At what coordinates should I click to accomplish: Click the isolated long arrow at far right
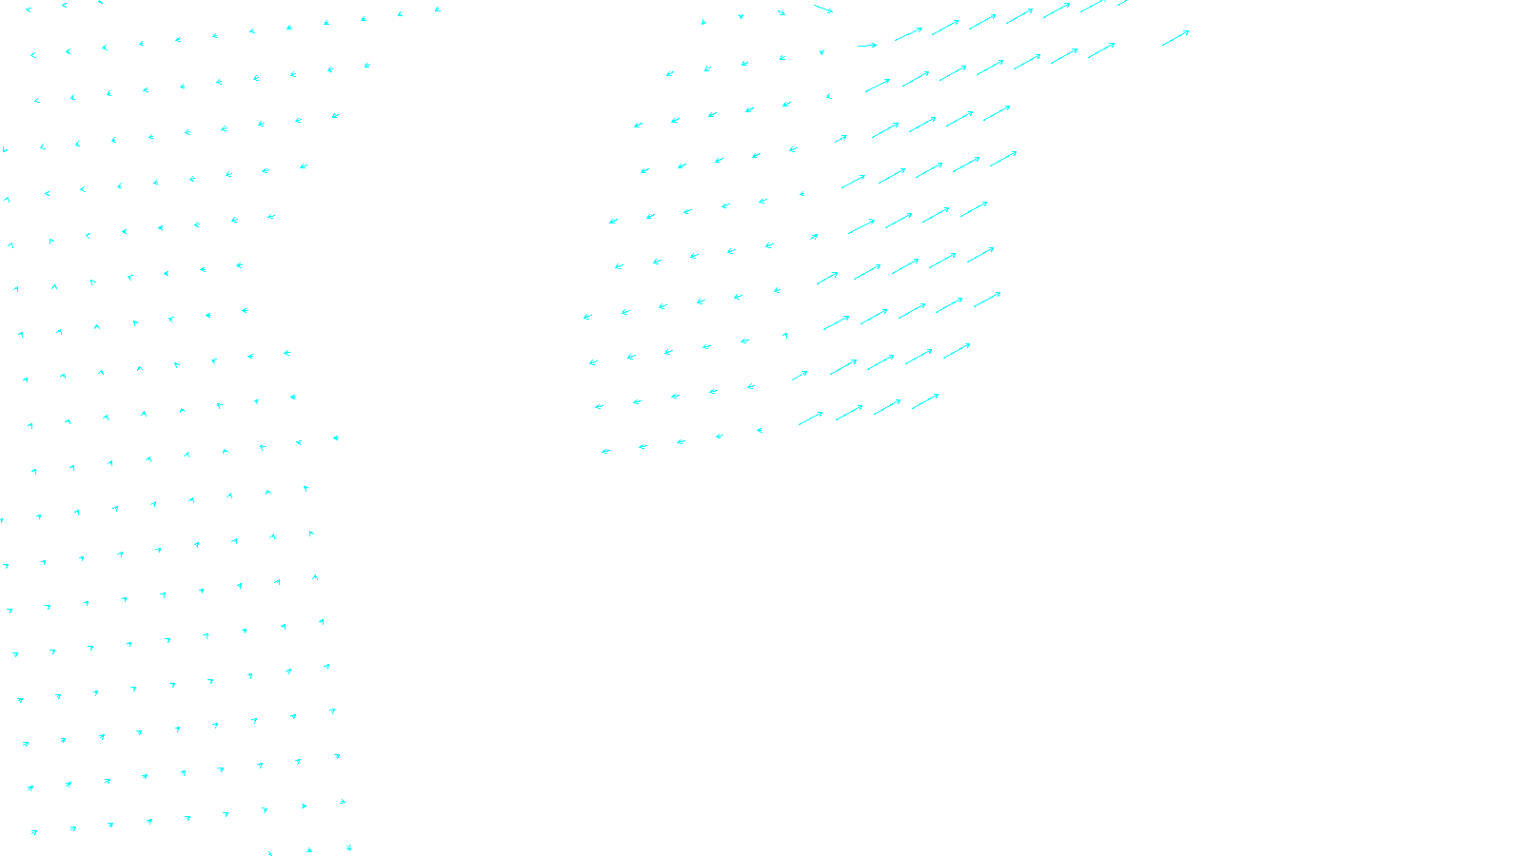1176,38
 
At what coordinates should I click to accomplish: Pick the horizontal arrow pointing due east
867,46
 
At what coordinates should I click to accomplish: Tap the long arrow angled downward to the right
823,9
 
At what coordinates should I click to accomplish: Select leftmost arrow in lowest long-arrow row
810,418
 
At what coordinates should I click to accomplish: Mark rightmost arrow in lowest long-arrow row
925,402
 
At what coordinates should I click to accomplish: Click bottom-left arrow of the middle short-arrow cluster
605,452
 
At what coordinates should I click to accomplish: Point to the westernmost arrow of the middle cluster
587,317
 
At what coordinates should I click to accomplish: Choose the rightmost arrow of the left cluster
367,66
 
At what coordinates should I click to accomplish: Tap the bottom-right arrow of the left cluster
348,846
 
